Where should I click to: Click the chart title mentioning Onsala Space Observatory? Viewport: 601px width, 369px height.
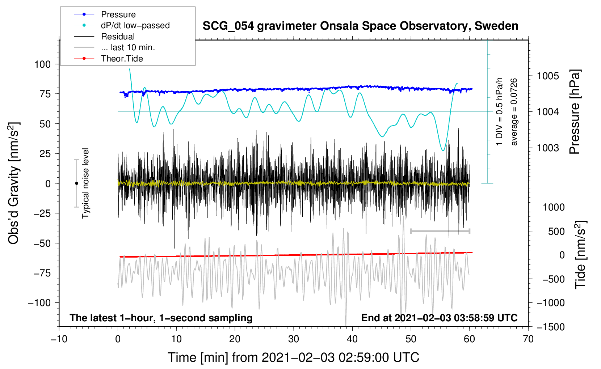[360, 26]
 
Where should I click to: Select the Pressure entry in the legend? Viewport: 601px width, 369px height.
[118, 14]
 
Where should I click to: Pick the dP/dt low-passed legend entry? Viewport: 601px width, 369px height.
[135, 25]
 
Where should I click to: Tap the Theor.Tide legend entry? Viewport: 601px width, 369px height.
[122, 59]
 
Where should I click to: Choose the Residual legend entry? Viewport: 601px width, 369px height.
[118, 37]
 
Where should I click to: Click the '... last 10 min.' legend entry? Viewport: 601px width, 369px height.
[128, 47]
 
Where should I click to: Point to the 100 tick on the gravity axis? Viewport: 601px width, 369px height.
[42, 64]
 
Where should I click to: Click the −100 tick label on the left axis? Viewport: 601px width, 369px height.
[39, 303]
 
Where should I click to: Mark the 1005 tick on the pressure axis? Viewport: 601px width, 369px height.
[548, 76]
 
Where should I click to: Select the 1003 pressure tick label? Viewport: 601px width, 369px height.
[548, 148]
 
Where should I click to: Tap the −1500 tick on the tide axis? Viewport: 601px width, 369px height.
[550, 327]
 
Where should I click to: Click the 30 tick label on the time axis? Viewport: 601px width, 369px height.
[294, 339]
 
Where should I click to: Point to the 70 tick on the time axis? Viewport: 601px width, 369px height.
[528, 339]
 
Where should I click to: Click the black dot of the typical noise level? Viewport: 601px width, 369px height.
[76, 183]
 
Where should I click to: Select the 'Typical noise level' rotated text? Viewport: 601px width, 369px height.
[85, 183]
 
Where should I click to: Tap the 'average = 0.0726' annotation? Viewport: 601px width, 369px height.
[514, 112]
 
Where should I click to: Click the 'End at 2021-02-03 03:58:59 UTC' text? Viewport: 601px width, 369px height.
[439, 318]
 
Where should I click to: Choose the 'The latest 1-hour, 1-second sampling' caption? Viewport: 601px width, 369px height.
[161, 318]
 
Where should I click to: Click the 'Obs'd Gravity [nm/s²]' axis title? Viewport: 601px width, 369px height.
[13, 183]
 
